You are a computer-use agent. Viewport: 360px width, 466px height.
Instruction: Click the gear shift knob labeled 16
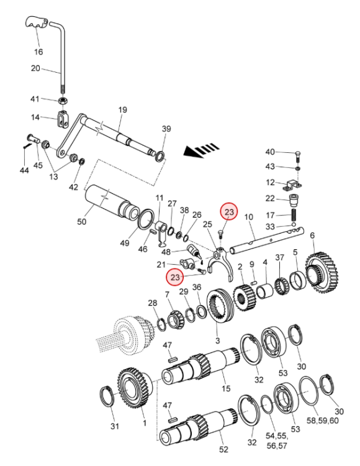pyautogui.click(x=37, y=22)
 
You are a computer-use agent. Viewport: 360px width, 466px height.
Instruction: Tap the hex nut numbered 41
pyautogui.click(x=63, y=101)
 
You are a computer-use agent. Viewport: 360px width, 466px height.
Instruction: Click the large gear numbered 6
pyautogui.click(x=322, y=272)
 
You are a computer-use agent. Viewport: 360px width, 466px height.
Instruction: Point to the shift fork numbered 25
pyautogui.click(x=220, y=262)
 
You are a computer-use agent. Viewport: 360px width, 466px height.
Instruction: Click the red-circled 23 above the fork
pyautogui.click(x=229, y=212)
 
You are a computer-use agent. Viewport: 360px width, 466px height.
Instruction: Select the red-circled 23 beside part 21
pyautogui.click(x=175, y=277)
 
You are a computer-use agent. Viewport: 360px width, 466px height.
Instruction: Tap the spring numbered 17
pyautogui.click(x=294, y=214)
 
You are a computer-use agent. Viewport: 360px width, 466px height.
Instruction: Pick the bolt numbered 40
pyautogui.click(x=299, y=156)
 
